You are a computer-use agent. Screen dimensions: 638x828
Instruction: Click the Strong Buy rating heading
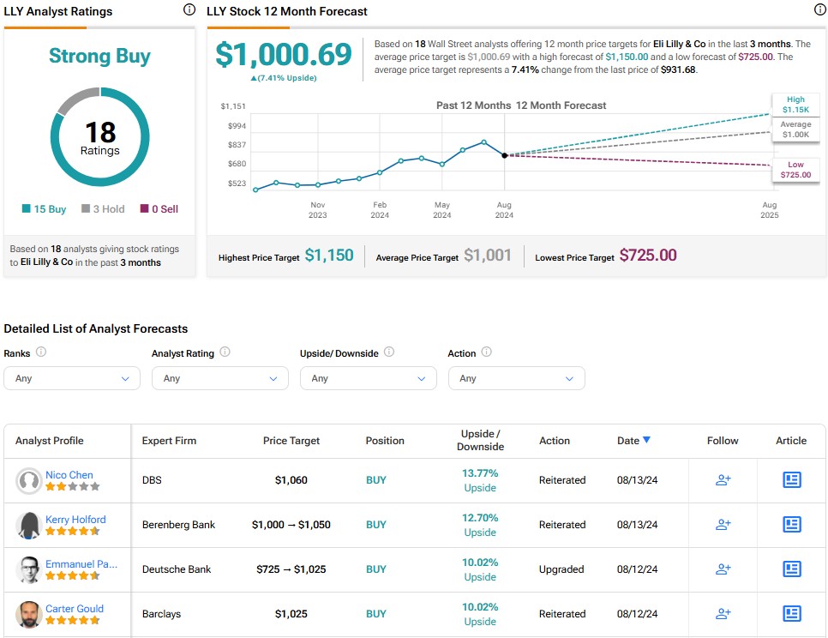99,57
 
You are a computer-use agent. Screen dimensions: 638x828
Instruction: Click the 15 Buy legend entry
44,209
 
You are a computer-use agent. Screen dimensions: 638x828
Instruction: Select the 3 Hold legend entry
104,209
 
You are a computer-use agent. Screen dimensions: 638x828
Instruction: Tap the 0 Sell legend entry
159,209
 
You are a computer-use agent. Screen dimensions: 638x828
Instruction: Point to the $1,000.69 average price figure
283,54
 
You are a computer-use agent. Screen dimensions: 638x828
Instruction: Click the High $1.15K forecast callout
795,105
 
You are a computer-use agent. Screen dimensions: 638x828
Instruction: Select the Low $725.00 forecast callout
795,170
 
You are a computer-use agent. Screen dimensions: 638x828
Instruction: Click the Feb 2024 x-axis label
380,210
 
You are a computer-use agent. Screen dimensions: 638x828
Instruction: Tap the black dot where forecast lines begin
504,155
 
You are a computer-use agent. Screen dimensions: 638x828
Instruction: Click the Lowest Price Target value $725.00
648,256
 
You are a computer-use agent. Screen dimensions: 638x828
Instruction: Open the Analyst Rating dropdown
219,378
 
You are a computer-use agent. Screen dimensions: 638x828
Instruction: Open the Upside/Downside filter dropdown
368,378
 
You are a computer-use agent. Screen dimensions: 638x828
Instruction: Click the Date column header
633,441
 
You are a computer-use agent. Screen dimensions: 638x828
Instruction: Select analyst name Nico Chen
69,475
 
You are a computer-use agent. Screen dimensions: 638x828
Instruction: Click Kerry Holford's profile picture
29,526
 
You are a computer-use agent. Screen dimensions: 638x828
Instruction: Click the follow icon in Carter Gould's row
723,614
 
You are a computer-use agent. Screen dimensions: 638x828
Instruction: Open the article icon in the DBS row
791,480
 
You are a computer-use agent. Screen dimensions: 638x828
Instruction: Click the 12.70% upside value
480,518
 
